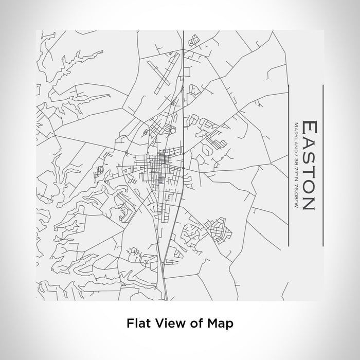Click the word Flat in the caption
pos(138,323)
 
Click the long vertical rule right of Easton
pos(322,165)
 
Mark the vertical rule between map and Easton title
pos(290,165)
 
